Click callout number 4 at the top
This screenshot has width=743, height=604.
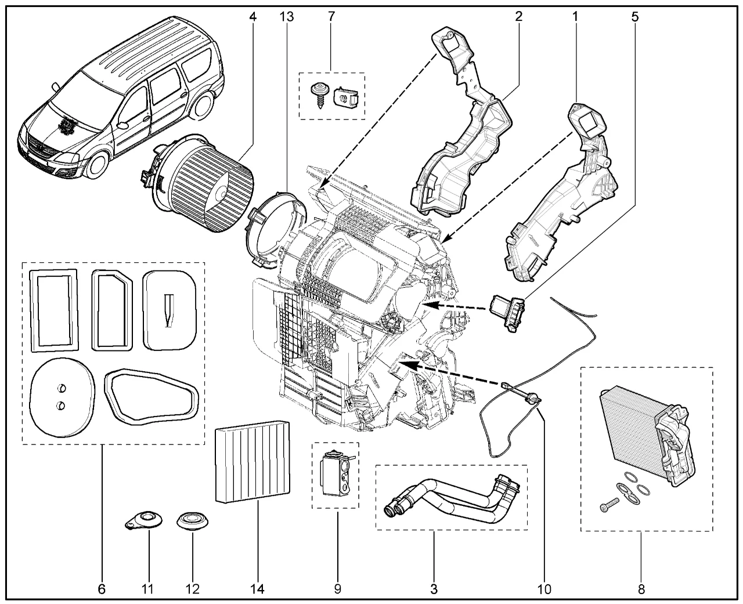[253, 17]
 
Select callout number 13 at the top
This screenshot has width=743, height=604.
[286, 17]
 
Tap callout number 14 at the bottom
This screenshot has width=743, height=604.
[257, 589]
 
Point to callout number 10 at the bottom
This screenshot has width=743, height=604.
[544, 589]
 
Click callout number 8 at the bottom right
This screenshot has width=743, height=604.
[641, 589]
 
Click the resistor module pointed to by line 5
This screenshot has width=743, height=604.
[509, 313]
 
